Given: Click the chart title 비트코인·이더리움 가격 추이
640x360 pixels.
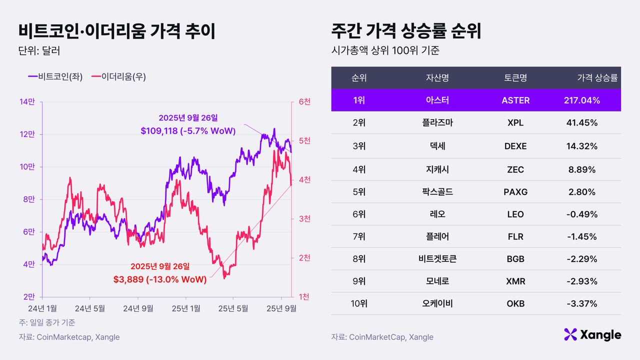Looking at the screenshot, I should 116,31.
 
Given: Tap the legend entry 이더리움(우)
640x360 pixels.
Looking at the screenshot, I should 119,76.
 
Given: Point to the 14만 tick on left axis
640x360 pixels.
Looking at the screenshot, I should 27,102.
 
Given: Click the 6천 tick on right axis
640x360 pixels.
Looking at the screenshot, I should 304,102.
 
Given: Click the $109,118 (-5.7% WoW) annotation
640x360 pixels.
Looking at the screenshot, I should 188,131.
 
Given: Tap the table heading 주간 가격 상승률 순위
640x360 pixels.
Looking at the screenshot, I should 406,31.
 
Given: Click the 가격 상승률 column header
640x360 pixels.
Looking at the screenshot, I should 597,78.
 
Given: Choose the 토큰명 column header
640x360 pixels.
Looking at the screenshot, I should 515,78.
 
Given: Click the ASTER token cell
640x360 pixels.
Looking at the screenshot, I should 515,100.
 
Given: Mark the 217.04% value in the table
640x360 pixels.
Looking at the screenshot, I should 582,100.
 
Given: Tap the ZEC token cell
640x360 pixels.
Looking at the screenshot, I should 515,170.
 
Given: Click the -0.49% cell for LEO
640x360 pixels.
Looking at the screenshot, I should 582,214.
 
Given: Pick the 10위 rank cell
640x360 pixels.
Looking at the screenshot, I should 358,303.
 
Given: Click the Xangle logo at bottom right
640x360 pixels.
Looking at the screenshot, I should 592,334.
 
